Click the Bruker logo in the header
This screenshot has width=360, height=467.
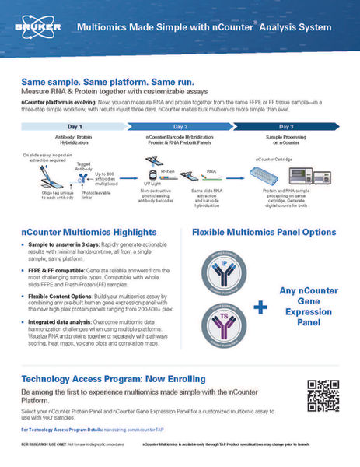pyautogui.click(x=28, y=26)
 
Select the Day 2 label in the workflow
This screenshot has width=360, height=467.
pyautogui.click(x=180, y=125)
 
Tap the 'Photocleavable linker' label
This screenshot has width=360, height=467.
pyautogui.click(x=91, y=195)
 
